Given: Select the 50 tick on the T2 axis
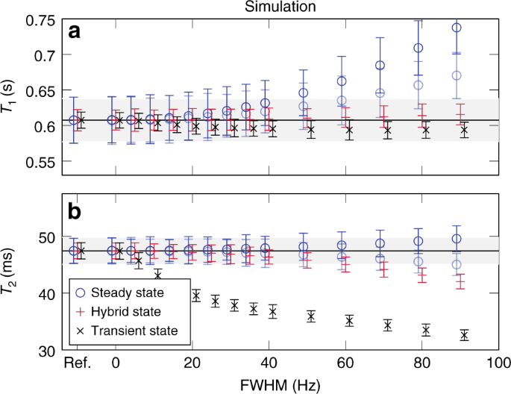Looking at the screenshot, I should click(46, 237).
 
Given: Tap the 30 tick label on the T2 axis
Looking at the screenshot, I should click(46, 350).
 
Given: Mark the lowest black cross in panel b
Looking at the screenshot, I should click(464, 336).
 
